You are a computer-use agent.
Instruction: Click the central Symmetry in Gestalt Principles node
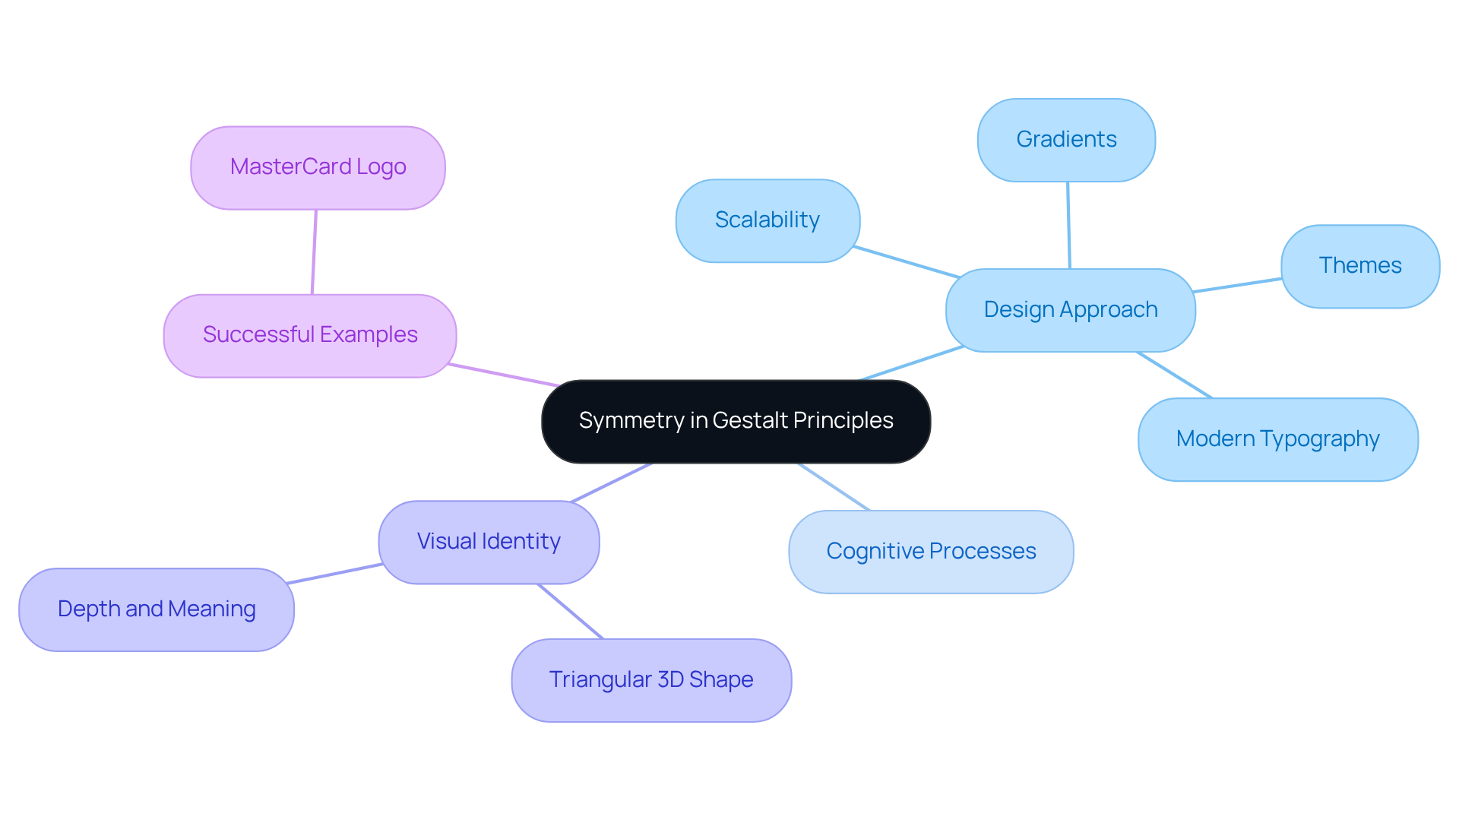tap(736, 421)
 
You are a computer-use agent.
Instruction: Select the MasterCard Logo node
tap(318, 167)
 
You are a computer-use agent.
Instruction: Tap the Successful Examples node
tap(310, 335)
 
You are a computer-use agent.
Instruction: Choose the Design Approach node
tap(1070, 310)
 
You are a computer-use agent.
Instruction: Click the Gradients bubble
tap(1066, 140)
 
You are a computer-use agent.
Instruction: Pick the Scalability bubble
tap(767, 220)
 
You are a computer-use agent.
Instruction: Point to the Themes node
tap(1359, 266)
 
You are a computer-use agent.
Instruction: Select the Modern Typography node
tap(1277, 439)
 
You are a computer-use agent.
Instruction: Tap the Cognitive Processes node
tap(931, 552)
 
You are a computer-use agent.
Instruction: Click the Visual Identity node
tap(489, 542)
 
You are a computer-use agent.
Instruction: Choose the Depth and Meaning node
tap(157, 609)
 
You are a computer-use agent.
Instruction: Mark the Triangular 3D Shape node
tap(651, 680)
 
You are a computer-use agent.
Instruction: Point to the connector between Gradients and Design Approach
tap(1068, 225)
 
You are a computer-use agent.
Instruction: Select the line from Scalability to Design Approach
tap(906, 262)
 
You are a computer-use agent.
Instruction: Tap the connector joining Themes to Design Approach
tap(1237, 285)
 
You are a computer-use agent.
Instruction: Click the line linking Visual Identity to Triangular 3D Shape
tap(570, 611)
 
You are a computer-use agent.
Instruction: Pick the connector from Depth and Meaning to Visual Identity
tap(334, 574)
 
